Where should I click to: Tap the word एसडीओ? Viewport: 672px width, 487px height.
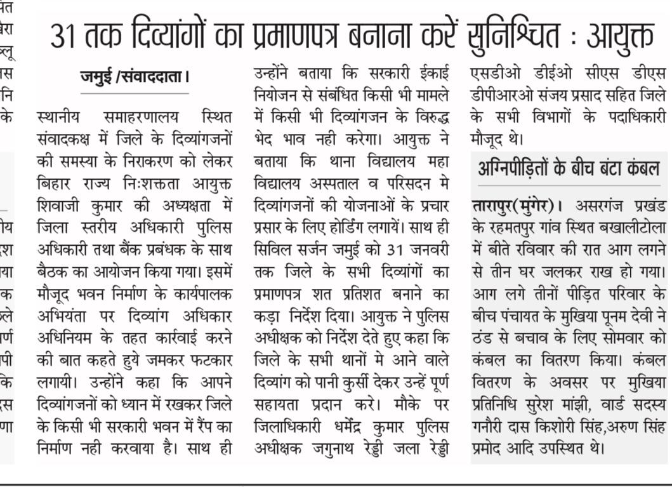493,74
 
